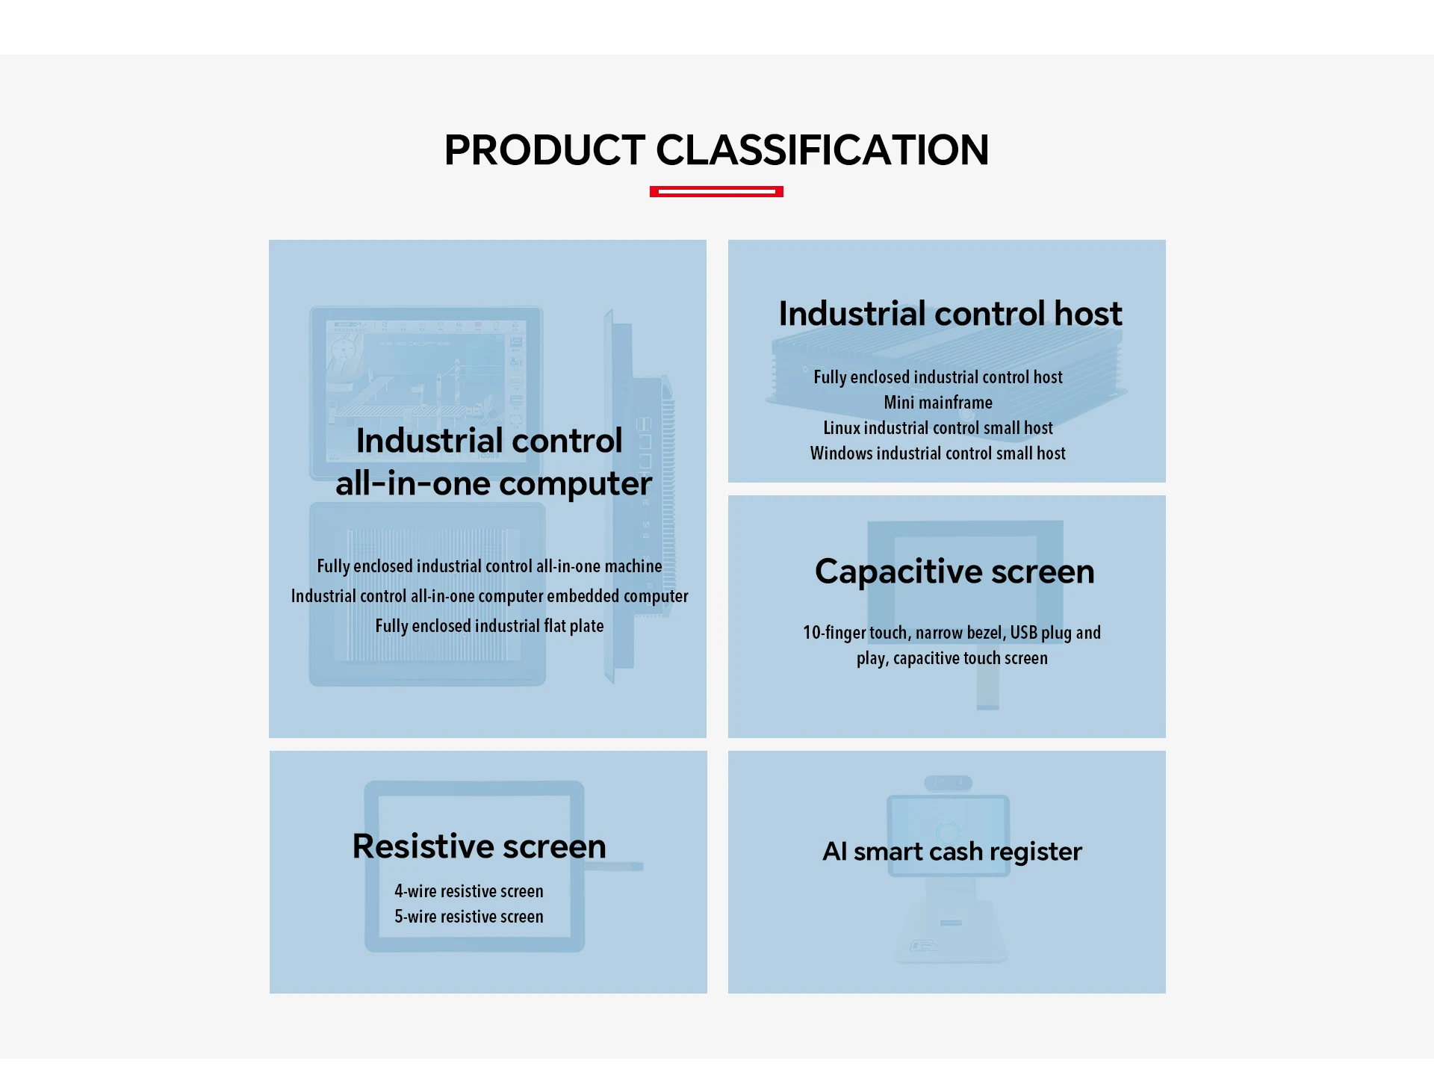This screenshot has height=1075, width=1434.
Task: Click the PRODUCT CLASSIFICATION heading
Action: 716,150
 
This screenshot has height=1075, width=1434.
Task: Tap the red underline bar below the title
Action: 716,192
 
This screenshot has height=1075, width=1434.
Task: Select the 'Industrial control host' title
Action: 950,314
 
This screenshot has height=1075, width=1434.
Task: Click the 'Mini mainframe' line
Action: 938,403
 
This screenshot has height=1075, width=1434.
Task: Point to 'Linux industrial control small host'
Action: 938,428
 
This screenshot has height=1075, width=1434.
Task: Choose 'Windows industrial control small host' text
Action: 938,453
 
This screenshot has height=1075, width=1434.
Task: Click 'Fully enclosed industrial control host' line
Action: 938,377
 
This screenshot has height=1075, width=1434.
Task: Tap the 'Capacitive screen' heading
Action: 955,572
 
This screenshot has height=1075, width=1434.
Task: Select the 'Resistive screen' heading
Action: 479,846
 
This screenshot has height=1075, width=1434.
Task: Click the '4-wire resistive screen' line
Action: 469,891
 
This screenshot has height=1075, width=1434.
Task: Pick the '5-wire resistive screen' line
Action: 469,917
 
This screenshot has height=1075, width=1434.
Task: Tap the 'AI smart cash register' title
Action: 952,852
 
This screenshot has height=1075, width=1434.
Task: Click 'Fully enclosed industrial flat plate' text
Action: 489,626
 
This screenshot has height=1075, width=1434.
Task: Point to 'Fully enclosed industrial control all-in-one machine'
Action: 489,566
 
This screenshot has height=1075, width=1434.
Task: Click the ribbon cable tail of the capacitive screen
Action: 987,688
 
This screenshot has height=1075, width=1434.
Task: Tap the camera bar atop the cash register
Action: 948,783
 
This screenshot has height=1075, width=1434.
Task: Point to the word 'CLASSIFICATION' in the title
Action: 822,150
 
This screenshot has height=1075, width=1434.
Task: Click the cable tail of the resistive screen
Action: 614,867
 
